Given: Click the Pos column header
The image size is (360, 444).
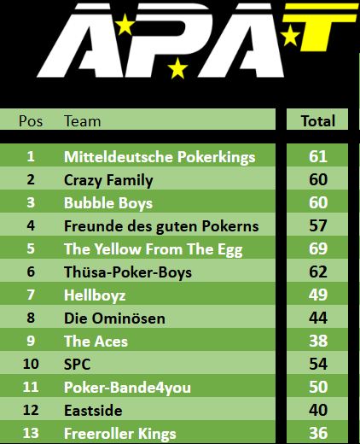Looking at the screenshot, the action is click(31, 121).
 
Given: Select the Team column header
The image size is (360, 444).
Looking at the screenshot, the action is click(83, 121).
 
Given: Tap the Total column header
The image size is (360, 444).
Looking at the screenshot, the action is click(318, 121).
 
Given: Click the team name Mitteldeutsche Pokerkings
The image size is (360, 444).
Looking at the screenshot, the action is click(160, 157).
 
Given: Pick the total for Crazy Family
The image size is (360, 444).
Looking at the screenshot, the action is click(318, 179).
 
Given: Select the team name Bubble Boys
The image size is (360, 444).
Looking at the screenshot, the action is click(108, 203).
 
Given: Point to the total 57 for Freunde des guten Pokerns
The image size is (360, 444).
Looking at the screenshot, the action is click(318, 225).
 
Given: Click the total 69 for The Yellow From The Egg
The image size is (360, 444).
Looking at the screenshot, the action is click(318, 248).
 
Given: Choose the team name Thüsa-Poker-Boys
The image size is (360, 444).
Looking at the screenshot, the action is click(128, 272).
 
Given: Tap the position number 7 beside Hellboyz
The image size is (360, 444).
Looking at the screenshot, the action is click(31, 295).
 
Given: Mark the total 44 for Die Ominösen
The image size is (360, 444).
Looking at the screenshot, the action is click(318, 318).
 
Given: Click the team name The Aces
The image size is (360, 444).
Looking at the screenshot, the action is click(96, 342).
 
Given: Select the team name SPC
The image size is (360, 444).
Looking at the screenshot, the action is click(78, 365).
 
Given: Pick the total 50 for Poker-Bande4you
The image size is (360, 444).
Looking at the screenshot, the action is click(318, 387).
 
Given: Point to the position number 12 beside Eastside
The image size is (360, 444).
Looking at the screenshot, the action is click(31, 410).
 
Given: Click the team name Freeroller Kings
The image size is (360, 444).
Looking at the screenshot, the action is click(120, 434).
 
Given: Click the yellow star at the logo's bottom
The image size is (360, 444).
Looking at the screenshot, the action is click(177, 68).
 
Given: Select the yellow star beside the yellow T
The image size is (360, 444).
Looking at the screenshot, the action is click(290, 36).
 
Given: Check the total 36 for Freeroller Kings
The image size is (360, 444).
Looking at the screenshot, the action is click(318, 433).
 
